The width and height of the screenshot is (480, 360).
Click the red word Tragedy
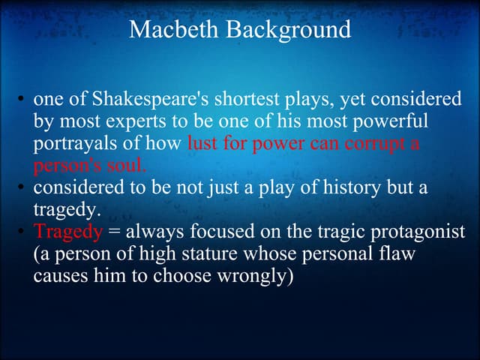point(67,232)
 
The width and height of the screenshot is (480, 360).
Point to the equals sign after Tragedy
point(114,232)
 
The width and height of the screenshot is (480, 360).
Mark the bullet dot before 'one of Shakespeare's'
point(22,101)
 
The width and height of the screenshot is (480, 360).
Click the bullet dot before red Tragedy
point(22,232)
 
